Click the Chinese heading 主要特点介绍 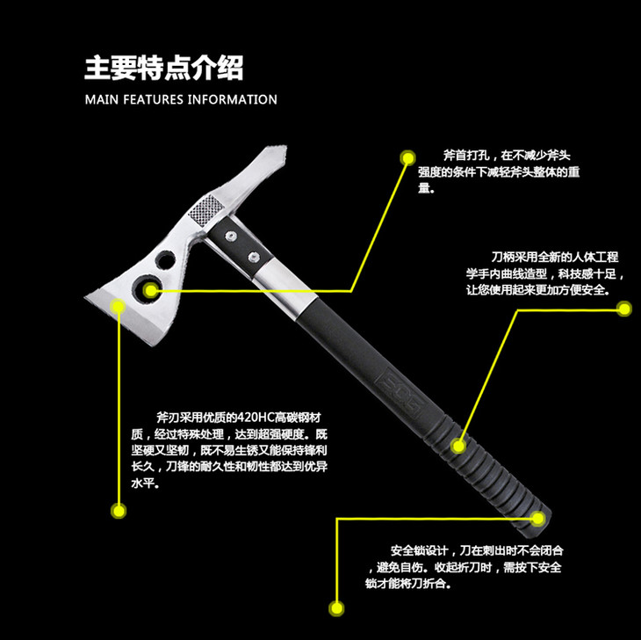click(x=164, y=68)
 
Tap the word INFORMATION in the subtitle click(x=232, y=99)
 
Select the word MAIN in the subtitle click(x=102, y=99)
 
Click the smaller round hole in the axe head click(x=165, y=260)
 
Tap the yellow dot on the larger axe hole click(x=151, y=290)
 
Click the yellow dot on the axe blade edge click(x=119, y=305)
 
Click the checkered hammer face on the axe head click(x=205, y=209)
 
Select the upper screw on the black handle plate click(x=231, y=236)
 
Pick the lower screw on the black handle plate click(x=254, y=257)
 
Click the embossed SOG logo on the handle click(x=403, y=393)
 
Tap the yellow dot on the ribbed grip click(x=458, y=446)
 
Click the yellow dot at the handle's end click(x=538, y=519)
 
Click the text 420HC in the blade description click(x=255, y=418)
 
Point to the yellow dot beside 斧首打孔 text click(x=407, y=157)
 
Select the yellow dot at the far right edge click(x=624, y=309)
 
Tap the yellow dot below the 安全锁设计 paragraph click(x=336, y=608)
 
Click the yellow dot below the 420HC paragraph click(x=119, y=511)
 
